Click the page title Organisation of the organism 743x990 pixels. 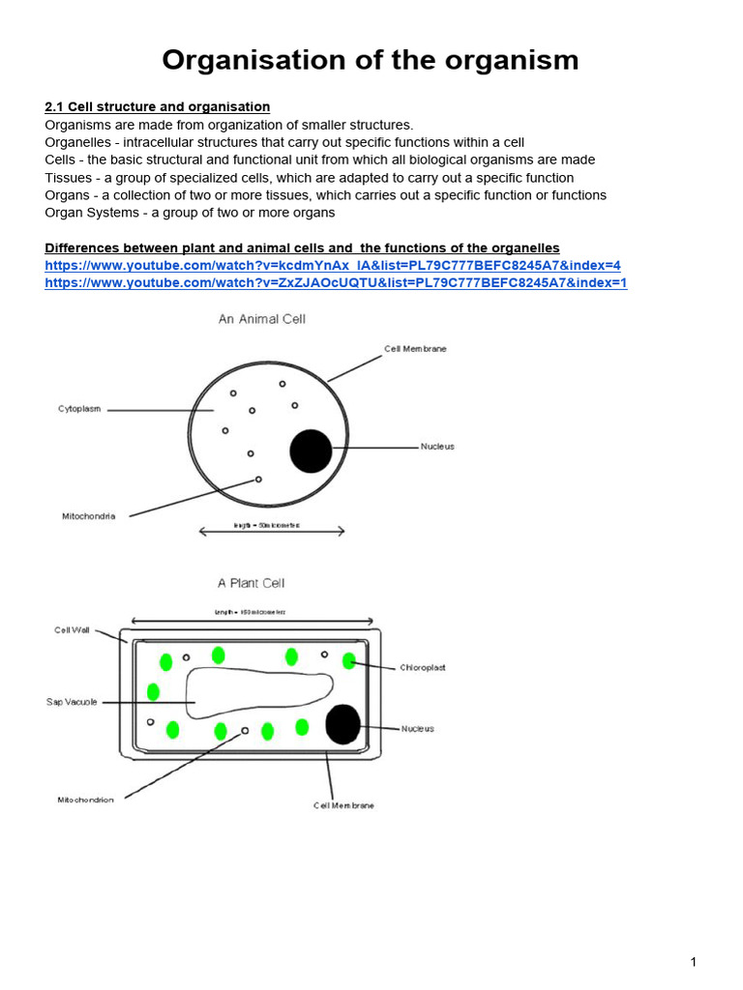(x=371, y=61)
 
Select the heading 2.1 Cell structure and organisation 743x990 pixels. (x=158, y=106)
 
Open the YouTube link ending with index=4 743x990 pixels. (x=333, y=265)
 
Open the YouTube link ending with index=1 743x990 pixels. (x=336, y=282)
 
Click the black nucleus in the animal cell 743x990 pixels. (x=311, y=451)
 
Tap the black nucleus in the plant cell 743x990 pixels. (x=342, y=725)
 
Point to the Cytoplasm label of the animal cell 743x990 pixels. (x=80, y=409)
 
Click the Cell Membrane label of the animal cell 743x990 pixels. (x=415, y=349)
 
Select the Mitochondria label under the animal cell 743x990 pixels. (x=89, y=516)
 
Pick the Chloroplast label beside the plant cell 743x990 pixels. (x=423, y=668)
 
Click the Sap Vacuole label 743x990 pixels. (x=72, y=702)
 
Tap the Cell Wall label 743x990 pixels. (x=72, y=629)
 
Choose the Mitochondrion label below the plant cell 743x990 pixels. (x=85, y=800)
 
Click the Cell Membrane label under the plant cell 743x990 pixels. (x=343, y=805)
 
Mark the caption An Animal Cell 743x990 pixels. (x=261, y=319)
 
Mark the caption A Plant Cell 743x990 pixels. (x=251, y=583)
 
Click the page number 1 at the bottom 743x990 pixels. (x=694, y=962)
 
